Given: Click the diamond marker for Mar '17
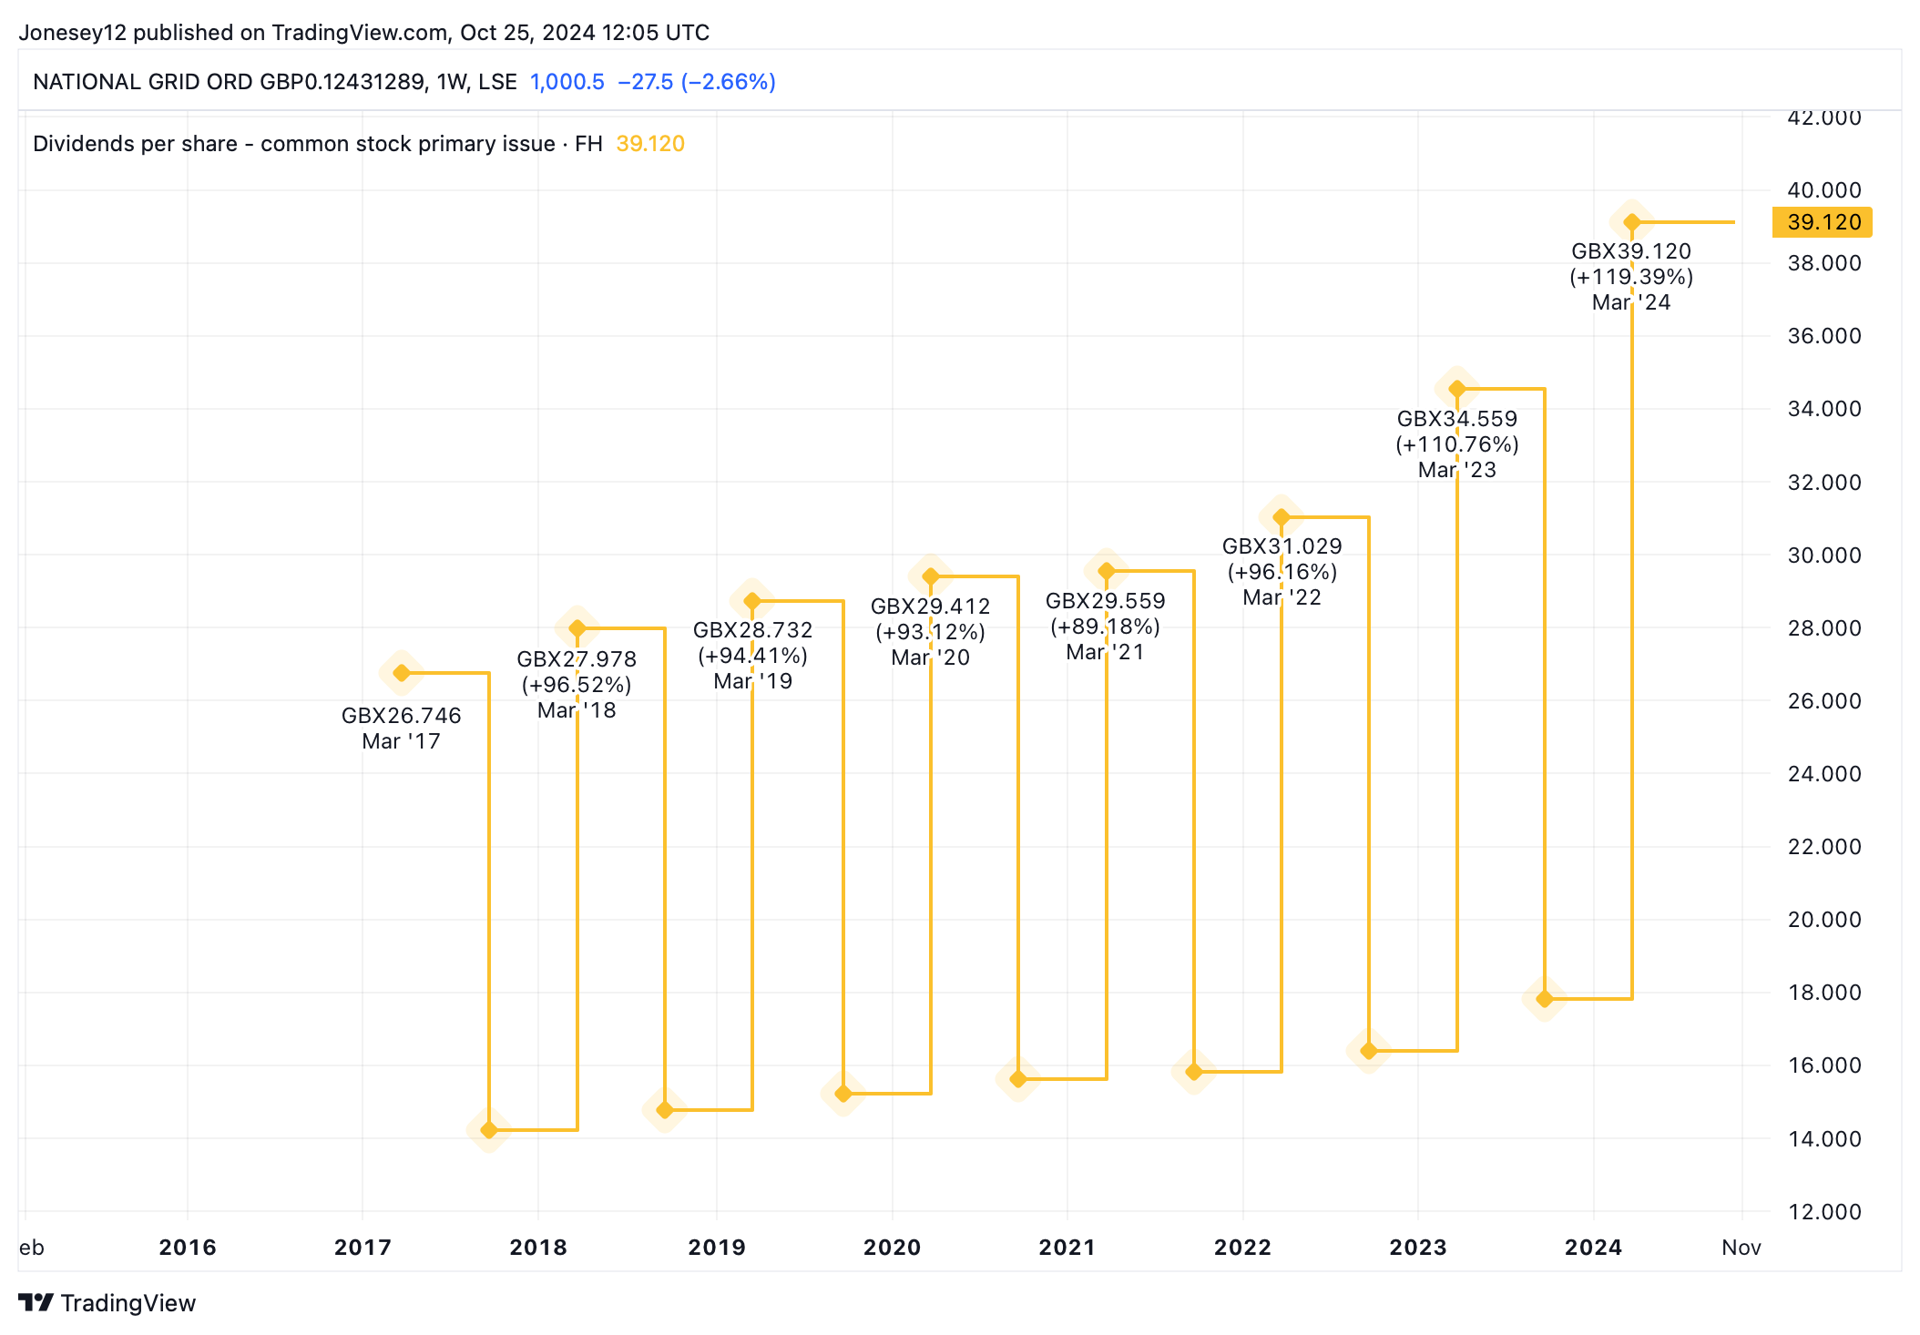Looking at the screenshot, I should click(x=402, y=673).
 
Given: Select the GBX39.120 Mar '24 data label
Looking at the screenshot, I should click(x=1631, y=276).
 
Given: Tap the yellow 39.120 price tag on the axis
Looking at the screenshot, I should click(x=1823, y=222).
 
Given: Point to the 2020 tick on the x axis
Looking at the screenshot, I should click(x=892, y=1247).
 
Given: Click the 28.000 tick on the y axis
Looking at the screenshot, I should click(x=1823, y=627).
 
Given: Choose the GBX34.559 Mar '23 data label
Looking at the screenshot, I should click(x=1457, y=443).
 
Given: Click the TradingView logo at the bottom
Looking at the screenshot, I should click(x=107, y=1303).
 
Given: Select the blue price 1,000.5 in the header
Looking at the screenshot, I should click(x=567, y=82).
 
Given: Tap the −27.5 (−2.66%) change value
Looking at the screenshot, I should click(x=697, y=82).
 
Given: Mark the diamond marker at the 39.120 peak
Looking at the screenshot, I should click(x=1632, y=222).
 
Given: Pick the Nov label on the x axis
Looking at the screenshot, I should click(x=1741, y=1247).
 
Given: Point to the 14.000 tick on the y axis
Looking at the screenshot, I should click(x=1823, y=1138).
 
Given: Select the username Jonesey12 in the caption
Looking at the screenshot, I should click(x=73, y=33).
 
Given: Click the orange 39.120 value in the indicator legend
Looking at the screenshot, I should click(x=650, y=144).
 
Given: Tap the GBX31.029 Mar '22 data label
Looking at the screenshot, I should click(x=1282, y=571).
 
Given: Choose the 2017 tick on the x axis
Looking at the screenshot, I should click(x=363, y=1247).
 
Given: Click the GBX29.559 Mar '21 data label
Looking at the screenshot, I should click(x=1105, y=626).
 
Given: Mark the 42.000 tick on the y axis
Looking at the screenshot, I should click(x=1823, y=118).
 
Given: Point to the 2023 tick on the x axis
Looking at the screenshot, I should click(x=1417, y=1247).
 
